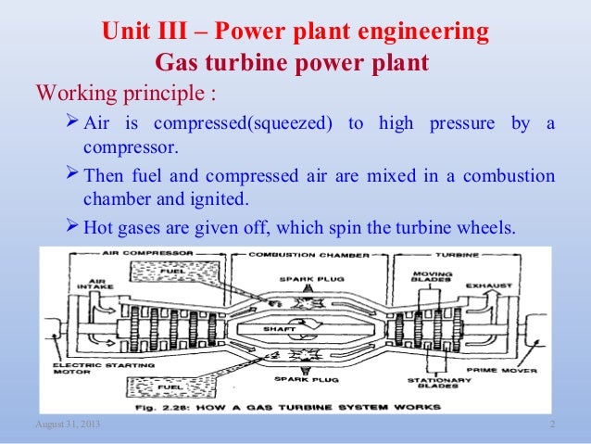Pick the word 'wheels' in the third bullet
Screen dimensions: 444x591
click(x=486, y=226)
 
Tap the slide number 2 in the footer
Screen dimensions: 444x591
click(x=551, y=424)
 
